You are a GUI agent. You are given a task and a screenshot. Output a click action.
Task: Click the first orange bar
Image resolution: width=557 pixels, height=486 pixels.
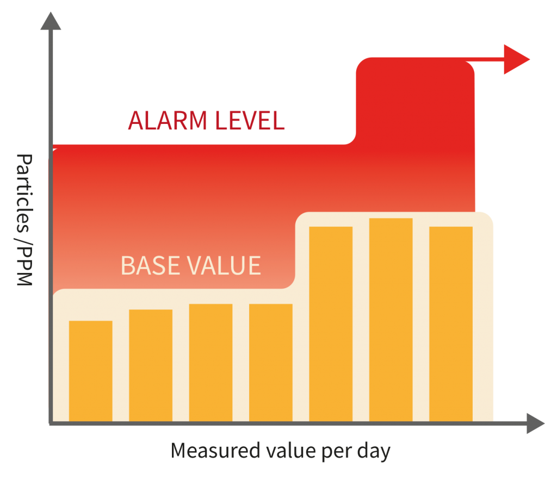point(91,371)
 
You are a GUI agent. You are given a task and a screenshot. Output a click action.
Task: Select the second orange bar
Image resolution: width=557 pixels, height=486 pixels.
point(151,365)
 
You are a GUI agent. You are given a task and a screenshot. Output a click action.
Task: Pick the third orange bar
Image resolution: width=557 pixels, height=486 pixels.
point(211,363)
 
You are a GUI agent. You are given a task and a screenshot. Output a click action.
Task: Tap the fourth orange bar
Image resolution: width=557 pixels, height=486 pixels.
point(271,363)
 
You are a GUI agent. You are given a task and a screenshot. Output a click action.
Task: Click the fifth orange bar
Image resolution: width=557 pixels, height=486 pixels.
point(331,324)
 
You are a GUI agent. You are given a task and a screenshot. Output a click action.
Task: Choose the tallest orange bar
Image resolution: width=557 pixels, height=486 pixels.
point(391,320)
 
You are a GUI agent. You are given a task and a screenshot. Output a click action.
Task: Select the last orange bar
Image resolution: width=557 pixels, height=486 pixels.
point(451,324)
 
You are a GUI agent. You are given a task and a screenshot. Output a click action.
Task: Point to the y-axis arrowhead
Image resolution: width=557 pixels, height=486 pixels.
point(51,21)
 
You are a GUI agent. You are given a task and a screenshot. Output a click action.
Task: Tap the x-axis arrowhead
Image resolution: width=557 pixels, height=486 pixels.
point(535,423)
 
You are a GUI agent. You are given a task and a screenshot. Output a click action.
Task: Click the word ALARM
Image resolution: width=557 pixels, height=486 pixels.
point(168,121)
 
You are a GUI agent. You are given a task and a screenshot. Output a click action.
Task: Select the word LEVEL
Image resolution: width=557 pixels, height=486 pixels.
point(250,121)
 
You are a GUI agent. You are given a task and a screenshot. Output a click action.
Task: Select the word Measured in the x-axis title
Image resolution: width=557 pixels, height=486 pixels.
point(215,451)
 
